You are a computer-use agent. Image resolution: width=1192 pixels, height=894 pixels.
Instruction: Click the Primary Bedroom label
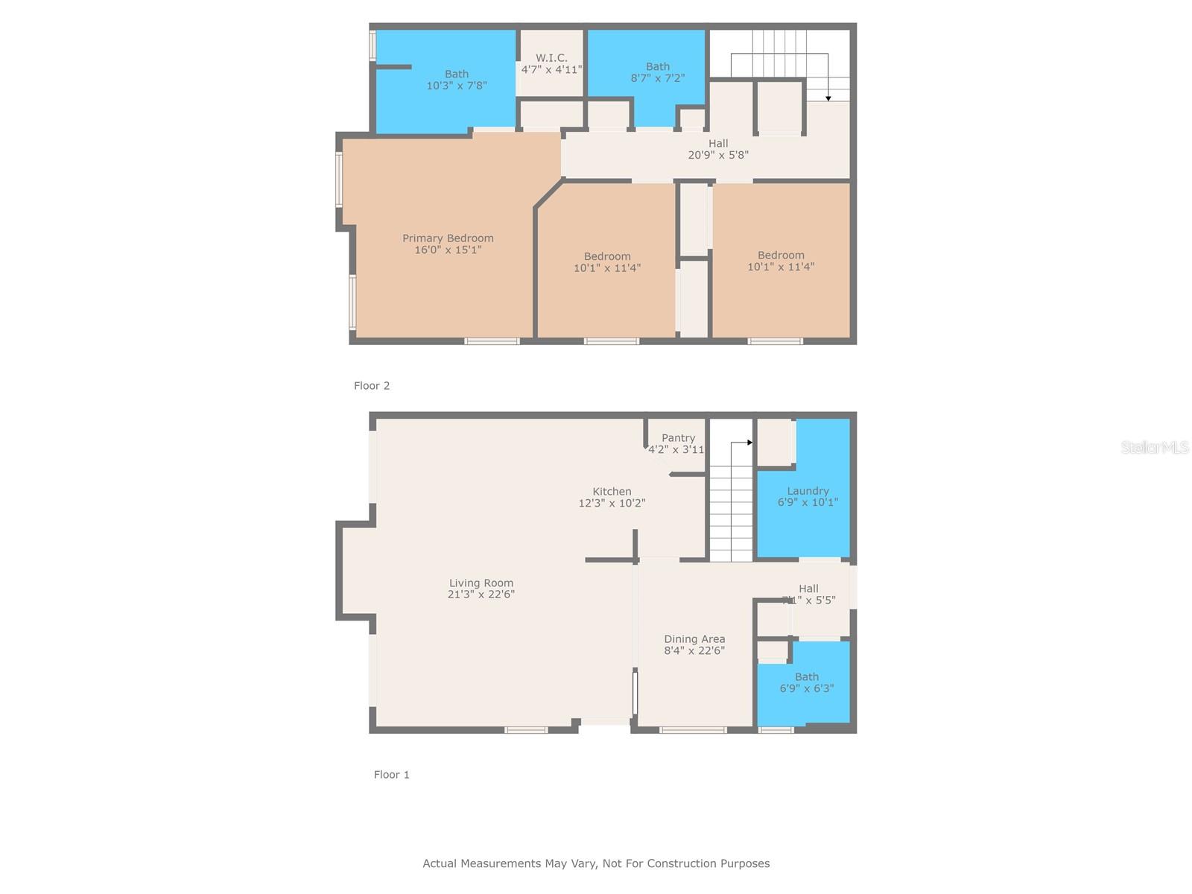click(448, 238)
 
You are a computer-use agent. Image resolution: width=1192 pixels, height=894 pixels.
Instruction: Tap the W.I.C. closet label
click(551, 57)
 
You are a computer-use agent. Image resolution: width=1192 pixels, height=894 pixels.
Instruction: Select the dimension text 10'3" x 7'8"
click(457, 86)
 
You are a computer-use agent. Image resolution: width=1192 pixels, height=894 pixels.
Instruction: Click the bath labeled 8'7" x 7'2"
click(657, 72)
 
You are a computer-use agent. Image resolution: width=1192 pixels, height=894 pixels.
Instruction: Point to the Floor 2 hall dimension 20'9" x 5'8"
click(718, 155)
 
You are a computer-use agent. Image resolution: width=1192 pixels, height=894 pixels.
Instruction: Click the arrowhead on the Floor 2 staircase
click(828, 98)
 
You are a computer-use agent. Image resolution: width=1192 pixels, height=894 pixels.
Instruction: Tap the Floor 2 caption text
click(372, 385)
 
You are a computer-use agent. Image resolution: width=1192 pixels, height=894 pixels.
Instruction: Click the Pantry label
click(678, 438)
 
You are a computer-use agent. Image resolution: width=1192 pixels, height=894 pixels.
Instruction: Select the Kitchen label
click(612, 492)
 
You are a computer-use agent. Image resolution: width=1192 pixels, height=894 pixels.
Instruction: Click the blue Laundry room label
click(808, 491)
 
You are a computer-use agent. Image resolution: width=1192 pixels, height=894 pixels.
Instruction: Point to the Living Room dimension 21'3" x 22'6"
click(481, 595)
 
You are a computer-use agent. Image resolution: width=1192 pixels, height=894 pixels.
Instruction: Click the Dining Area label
click(694, 639)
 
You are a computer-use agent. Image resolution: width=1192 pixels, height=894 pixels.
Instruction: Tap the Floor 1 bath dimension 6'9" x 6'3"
click(806, 688)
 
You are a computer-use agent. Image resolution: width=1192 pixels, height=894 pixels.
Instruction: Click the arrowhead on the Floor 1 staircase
click(749, 443)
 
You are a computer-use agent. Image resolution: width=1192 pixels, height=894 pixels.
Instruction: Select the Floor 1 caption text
click(391, 774)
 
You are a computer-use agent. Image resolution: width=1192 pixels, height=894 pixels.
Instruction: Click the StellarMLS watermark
click(1154, 447)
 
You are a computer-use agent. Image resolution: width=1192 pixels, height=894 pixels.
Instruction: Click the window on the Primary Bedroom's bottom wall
click(492, 341)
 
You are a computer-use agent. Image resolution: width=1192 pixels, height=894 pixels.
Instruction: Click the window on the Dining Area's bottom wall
click(693, 730)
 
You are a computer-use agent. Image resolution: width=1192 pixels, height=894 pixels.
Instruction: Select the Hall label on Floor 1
click(808, 589)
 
